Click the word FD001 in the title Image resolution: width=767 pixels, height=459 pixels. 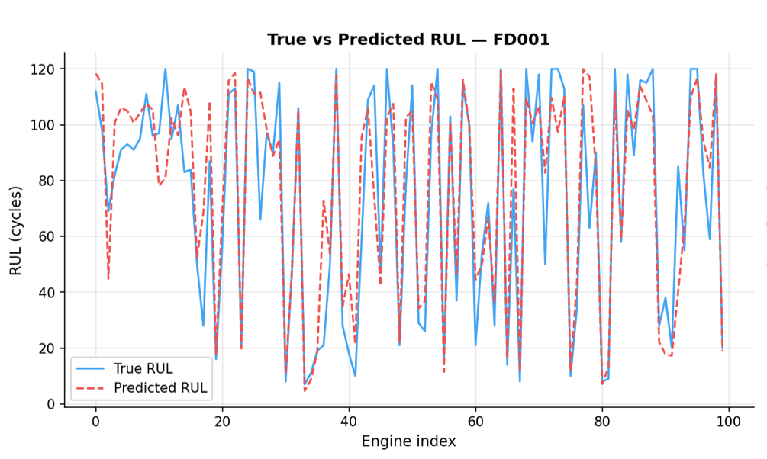522,40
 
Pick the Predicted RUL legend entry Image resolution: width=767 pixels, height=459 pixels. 160,387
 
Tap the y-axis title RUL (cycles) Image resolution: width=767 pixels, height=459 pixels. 16,229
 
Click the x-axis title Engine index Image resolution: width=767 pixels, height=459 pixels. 408,441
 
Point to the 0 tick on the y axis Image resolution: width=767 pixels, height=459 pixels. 51,404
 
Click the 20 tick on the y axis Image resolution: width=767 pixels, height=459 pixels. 47,348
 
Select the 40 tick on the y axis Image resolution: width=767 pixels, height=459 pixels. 47,293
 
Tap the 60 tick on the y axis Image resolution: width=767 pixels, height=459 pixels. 47,236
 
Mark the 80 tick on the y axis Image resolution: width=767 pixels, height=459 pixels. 47,181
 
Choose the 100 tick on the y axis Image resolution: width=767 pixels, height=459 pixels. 44,125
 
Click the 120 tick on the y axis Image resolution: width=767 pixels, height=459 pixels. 44,69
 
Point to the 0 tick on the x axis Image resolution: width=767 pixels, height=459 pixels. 95,422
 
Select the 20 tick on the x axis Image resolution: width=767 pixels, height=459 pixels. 222,422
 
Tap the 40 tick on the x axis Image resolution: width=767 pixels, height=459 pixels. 349,422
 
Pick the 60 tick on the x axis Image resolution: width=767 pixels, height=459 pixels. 475,422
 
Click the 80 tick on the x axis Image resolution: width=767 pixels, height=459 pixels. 602,422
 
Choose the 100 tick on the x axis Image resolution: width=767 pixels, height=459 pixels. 729,422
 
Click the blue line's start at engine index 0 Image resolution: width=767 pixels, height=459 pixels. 95,91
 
